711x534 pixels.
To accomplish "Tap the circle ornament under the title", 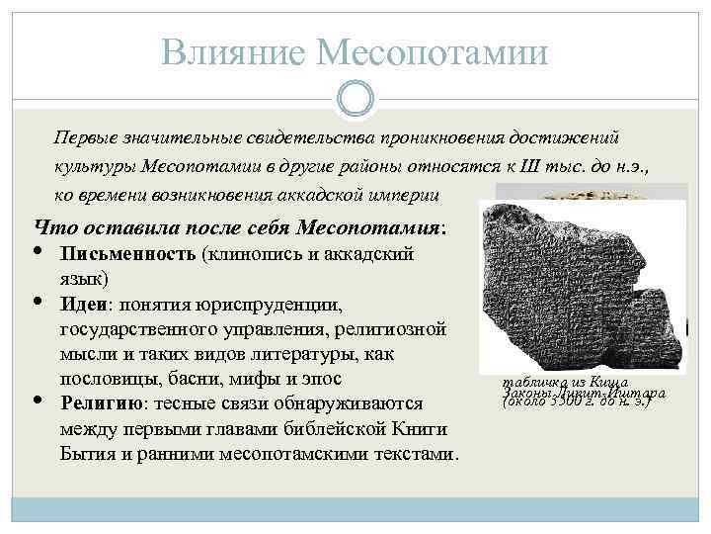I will coord(355,97).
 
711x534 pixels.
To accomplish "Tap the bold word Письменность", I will coord(128,254).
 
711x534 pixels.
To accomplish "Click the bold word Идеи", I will coord(82,303).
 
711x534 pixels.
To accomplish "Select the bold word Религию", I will coord(103,403).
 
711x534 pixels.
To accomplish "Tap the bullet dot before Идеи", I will coord(39,300).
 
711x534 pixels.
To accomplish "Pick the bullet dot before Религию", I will coord(39,400).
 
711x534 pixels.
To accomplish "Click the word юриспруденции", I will coord(271,303).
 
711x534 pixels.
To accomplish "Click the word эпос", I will coord(322,378).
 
